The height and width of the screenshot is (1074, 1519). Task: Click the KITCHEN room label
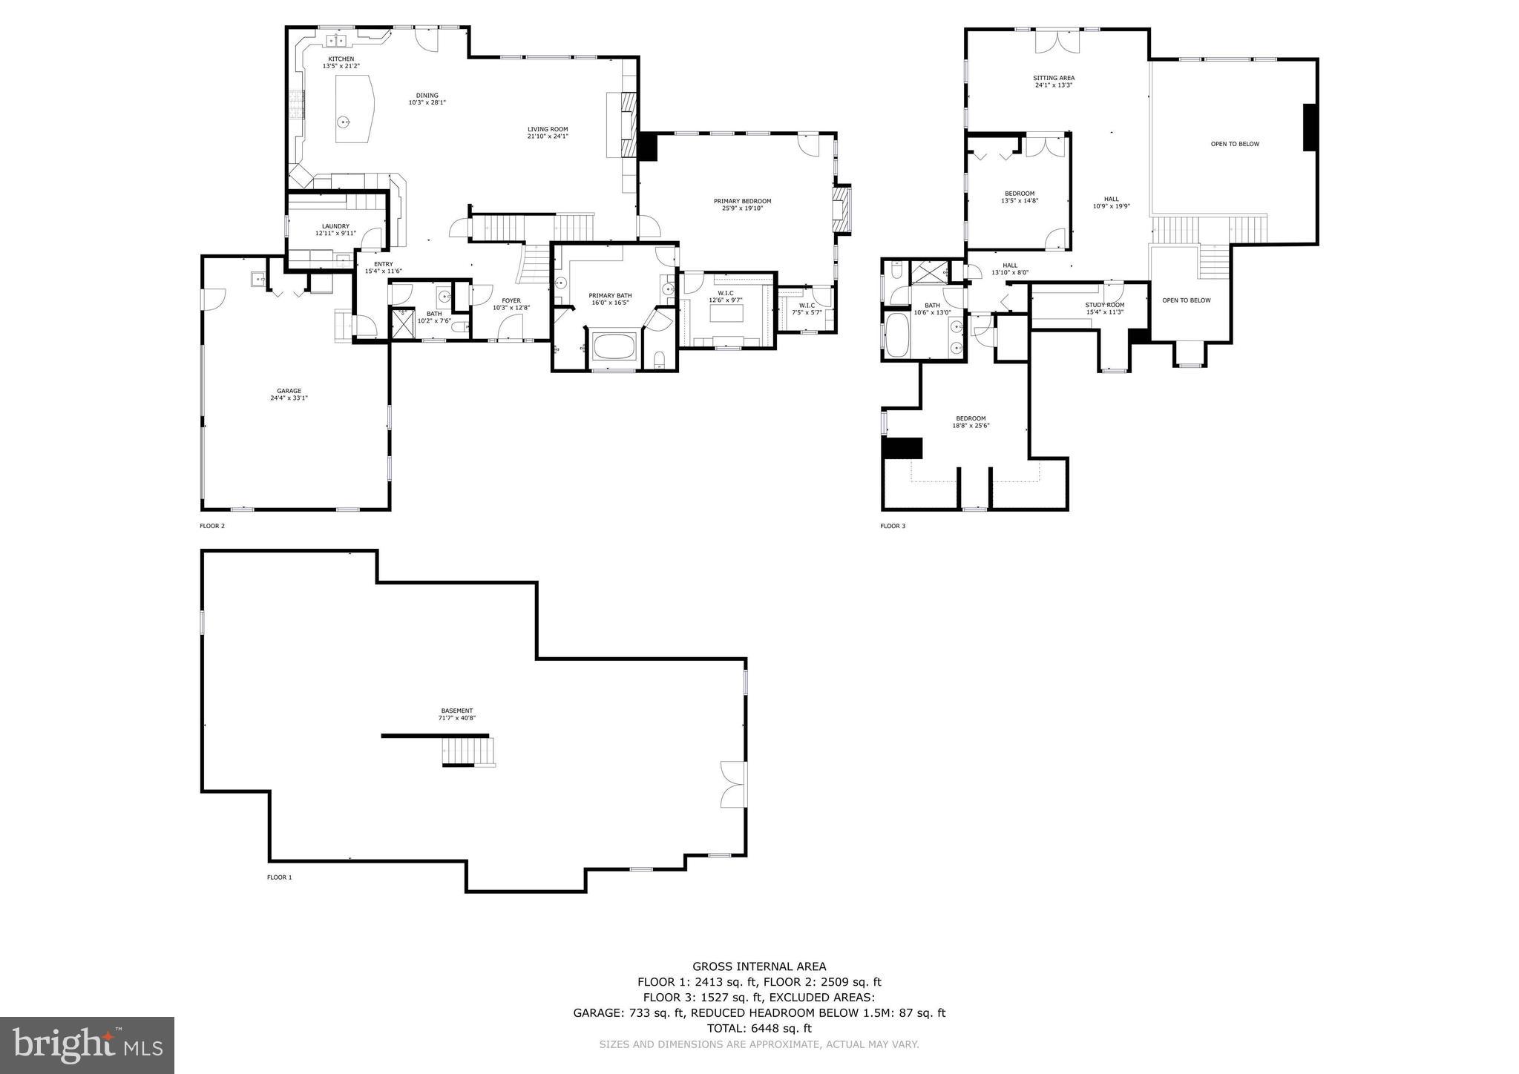pyautogui.click(x=341, y=59)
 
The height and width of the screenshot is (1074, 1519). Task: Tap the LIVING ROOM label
pyautogui.click(x=548, y=129)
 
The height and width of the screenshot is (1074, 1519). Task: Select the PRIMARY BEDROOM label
pyautogui.click(x=742, y=201)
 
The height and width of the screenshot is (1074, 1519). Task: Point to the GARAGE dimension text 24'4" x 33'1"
pyautogui.click(x=289, y=398)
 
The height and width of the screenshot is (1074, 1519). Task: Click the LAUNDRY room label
pyautogui.click(x=335, y=226)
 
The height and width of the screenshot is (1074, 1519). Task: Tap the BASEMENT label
pyautogui.click(x=456, y=711)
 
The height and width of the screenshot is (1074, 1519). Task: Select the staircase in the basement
pyautogui.click(x=468, y=752)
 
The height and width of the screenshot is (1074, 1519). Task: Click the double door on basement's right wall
pyautogui.click(x=733, y=784)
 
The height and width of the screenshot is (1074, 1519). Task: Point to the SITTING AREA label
pyautogui.click(x=1054, y=78)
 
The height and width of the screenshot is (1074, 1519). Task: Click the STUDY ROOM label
pyautogui.click(x=1105, y=305)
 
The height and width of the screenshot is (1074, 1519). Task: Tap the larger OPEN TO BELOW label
pyautogui.click(x=1235, y=144)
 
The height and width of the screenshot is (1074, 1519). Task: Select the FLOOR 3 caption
pyautogui.click(x=893, y=526)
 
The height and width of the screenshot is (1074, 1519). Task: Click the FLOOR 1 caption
pyautogui.click(x=280, y=877)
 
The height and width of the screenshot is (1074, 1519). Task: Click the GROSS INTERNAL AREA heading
pyautogui.click(x=759, y=966)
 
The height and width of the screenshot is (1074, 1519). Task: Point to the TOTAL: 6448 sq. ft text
pyautogui.click(x=759, y=1028)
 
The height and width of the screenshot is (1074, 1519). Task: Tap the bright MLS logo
pyautogui.click(x=88, y=1045)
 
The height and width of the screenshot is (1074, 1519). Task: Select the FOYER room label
pyautogui.click(x=511, y=300)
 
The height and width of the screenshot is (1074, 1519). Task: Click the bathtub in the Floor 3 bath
pyautogui.click(x=897, y=335)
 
